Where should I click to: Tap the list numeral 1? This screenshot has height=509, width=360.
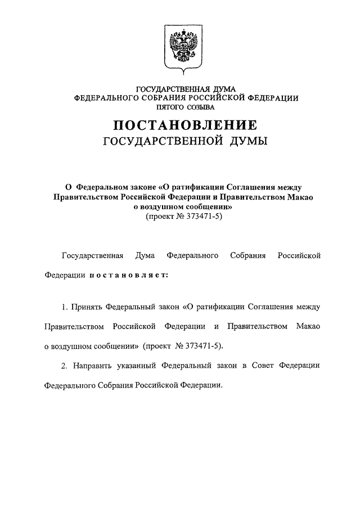click(x=64, y=308)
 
